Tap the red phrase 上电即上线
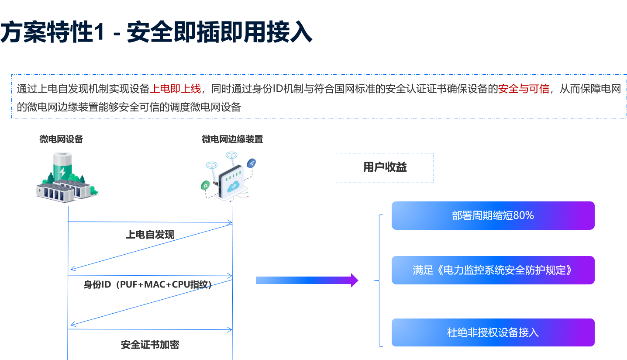coord(176,89)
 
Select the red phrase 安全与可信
coord(524,89)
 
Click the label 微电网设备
coord(61,139)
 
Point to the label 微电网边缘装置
coord(232,139)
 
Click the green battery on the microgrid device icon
coord(62,165)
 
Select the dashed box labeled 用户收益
coord(385,168)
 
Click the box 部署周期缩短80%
coord(493,215)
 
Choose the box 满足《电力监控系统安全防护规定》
coord(493,270)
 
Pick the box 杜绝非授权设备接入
coord(493,332)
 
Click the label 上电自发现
coord(150,235)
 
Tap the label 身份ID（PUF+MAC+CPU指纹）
coord(148,285)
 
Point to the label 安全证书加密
coord(150,345)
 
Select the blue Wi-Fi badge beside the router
coord(251,164)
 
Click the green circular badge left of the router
coord(205,186)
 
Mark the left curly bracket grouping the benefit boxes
coord(379,280)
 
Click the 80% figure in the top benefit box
coord(524,215)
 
